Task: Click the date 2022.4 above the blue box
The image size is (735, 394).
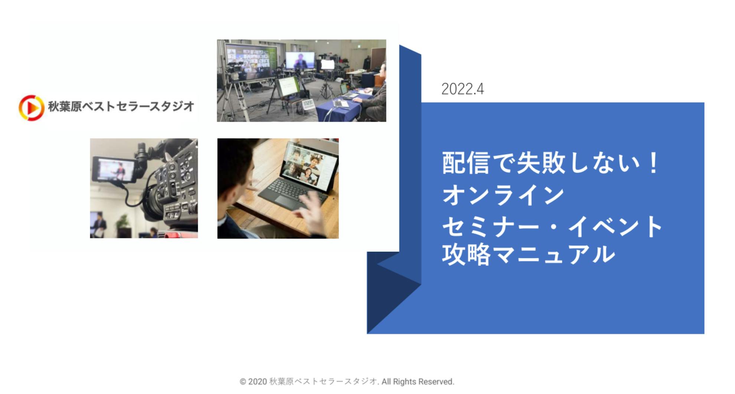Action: (463, 89)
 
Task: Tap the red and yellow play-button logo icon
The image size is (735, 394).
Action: (32, 108)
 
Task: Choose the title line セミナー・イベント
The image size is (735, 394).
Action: (552, 226)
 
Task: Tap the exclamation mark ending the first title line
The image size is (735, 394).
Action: (652, 163)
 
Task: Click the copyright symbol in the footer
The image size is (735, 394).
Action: (243, 382)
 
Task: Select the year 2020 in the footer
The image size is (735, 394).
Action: (257, 382)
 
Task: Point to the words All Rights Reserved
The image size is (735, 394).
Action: (418, 382)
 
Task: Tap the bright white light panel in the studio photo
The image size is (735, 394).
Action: (327, 65)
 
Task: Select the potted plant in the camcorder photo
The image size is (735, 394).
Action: (123, 224)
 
